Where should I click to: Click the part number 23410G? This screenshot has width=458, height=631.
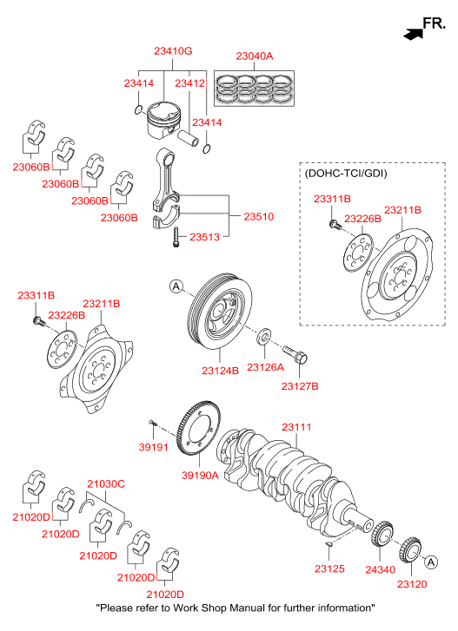[173, 51]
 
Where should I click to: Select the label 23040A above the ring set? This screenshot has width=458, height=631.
[254, 56]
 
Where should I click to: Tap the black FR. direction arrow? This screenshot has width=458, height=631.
[413, 34]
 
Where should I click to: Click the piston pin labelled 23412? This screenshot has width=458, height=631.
[189, 138]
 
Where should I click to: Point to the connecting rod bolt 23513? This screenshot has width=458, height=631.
[176, 237]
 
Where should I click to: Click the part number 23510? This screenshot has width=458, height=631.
[259, 216]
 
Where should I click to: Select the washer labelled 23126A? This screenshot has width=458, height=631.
[264, 336]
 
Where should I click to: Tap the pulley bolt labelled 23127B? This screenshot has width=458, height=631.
[295, 354]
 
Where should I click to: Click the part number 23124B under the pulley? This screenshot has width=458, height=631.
[220, 371]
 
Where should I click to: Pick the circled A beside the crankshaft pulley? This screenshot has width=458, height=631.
[176, 286]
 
